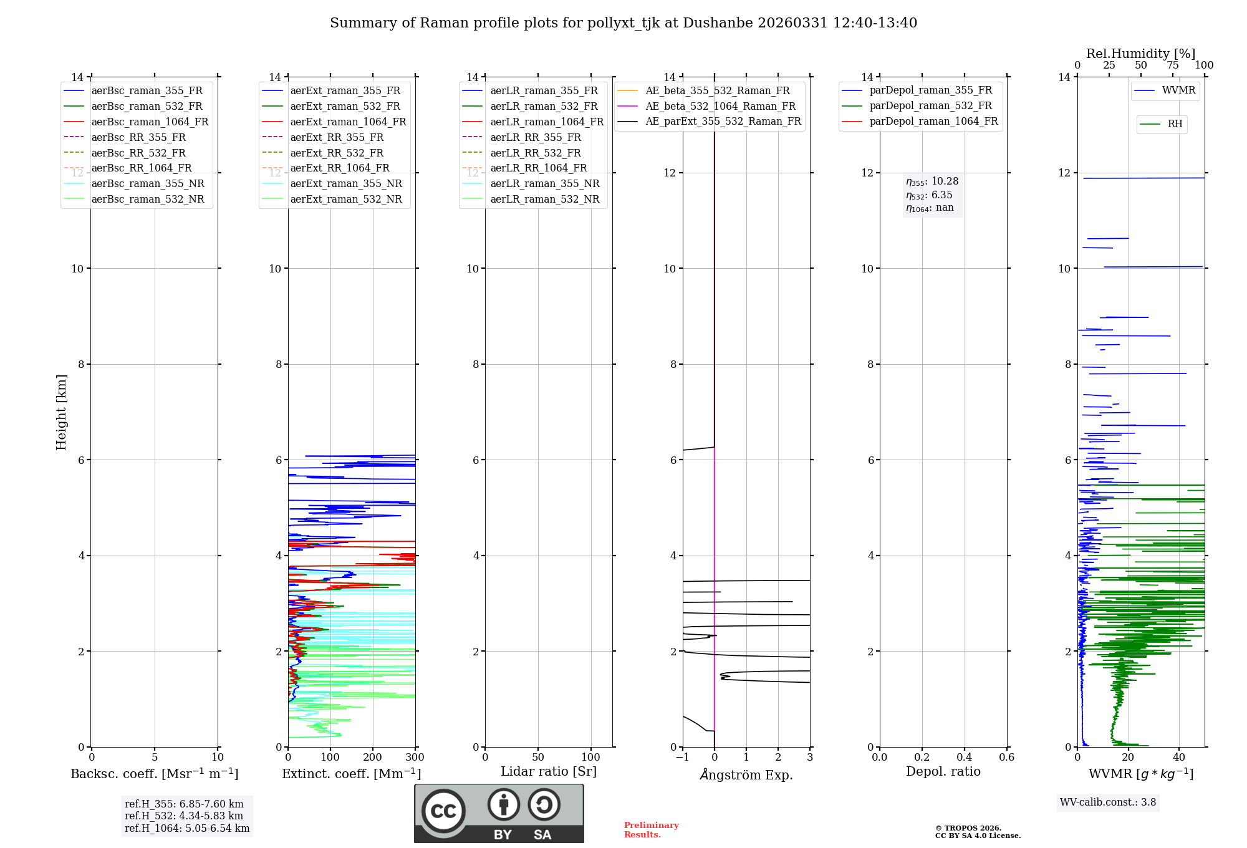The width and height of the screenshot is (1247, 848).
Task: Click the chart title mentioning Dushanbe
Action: coord(623,23)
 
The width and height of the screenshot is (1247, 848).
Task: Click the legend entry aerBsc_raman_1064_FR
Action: coord(150,122)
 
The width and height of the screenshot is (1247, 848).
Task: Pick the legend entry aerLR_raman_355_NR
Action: coord(544,183)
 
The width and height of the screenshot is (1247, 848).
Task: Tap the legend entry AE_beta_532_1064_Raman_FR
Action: coord(720,106)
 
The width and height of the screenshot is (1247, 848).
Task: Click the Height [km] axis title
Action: coord(61,412)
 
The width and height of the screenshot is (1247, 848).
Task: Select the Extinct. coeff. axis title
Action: coord(352,774)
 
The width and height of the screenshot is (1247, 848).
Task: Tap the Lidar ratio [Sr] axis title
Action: coord(549,771)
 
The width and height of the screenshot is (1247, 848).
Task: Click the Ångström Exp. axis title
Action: coord(746,775)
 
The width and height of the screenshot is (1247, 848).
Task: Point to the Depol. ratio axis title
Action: coord(943,771)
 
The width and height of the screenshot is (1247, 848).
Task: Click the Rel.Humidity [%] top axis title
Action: coord(1141,54)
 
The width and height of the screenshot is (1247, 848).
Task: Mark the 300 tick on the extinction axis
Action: coord(415,758)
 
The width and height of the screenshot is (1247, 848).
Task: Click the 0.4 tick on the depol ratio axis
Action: coord(965,758)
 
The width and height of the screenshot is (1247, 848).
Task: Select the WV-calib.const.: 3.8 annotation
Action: coord(1108,802)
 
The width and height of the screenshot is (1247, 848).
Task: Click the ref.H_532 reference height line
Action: coord(184,816)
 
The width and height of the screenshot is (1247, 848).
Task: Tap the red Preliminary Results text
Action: coord(651,830)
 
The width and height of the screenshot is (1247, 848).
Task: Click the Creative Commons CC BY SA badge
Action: coord(499,813)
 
